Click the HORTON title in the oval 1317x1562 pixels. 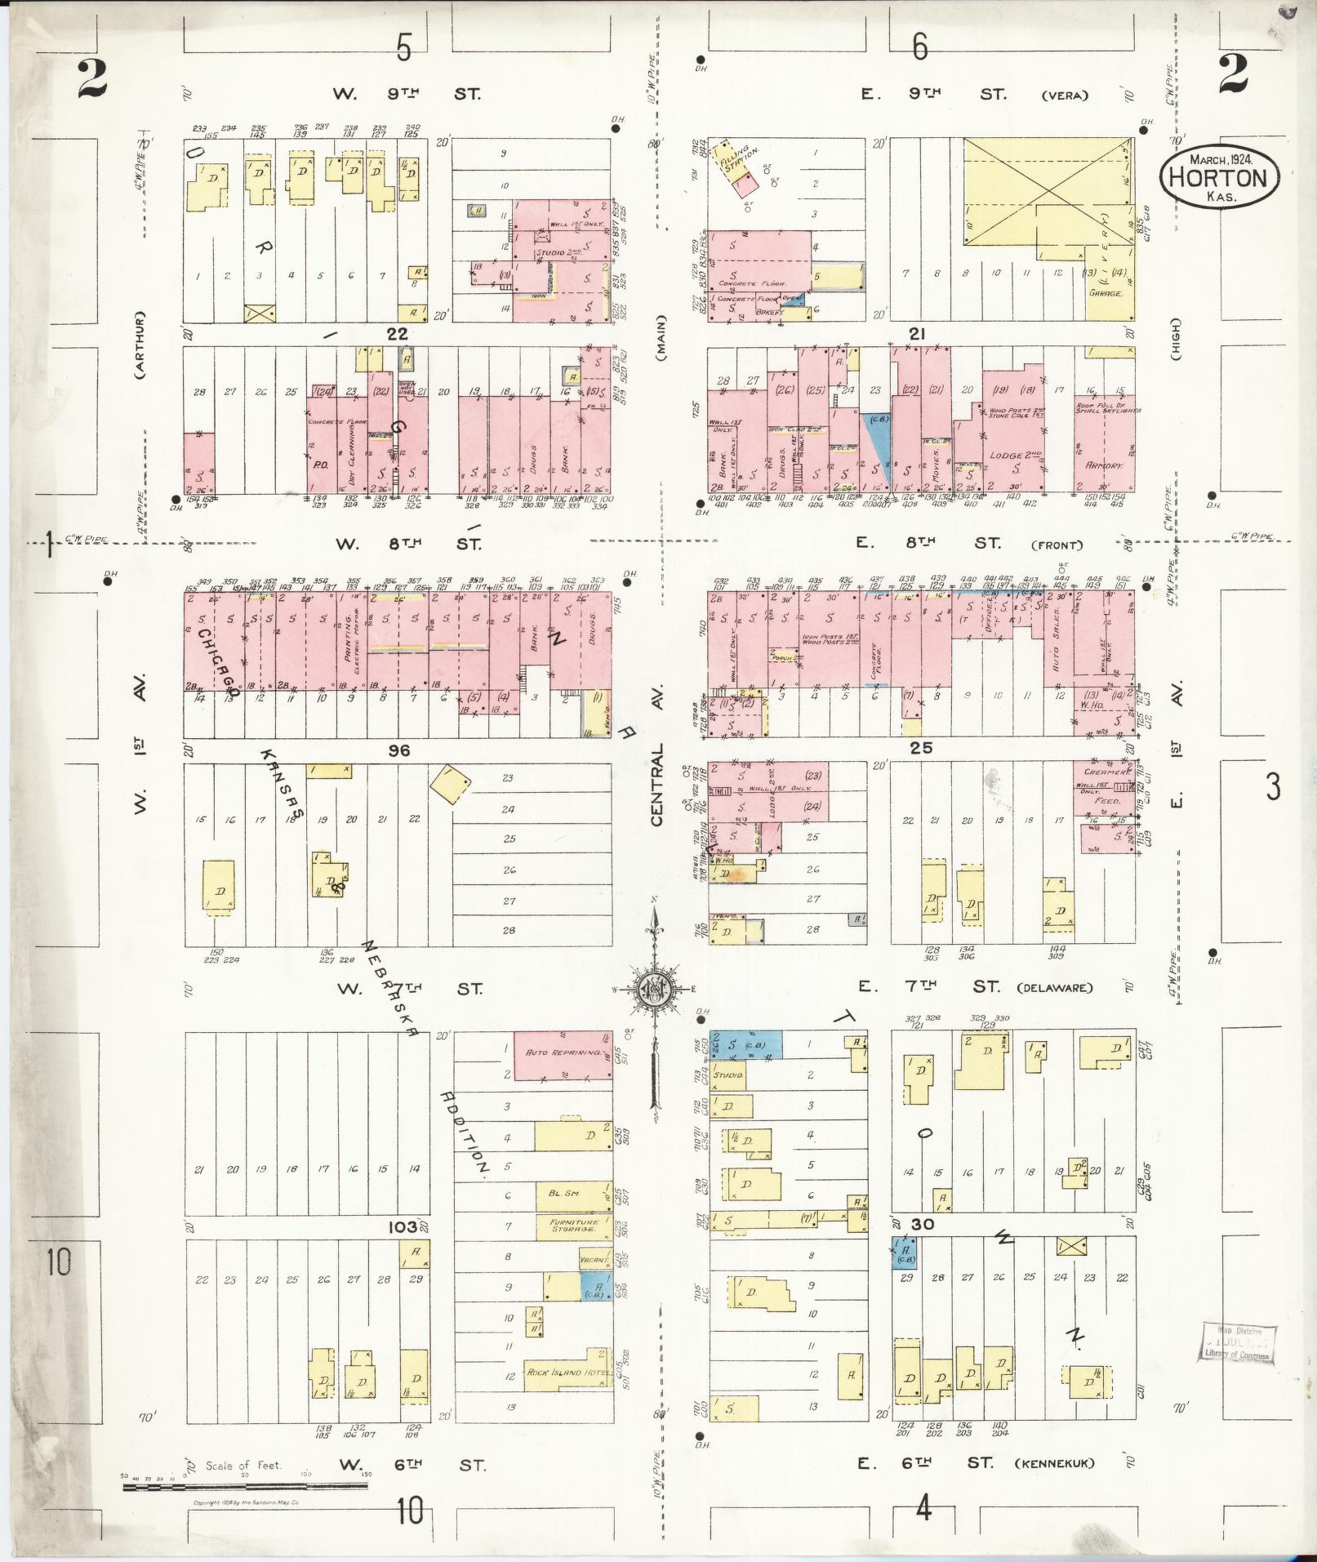[x=1218, y=178]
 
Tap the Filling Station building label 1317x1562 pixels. [x=739, y=161]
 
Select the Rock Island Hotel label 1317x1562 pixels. [x=566, y=1372]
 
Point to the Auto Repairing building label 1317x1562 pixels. [x=563, y=1052]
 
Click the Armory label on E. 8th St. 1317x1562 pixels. [x=1105, y=465]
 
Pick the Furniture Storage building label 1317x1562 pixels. [x=573, y=1226]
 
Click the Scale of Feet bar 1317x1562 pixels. [x=245, y=1485]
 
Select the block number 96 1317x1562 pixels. [x=399, y=750]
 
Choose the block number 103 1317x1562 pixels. [x=403, y=1226]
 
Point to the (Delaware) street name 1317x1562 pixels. [x=1055, y=988]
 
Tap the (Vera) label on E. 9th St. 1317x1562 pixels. [x=1065, y=96]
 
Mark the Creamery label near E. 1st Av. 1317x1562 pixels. [x=1106, y=772]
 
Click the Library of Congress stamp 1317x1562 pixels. [x=1237, y=1342]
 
